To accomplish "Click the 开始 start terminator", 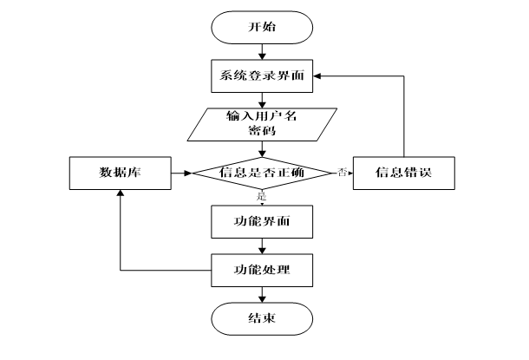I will (262, 28).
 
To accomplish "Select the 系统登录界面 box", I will (262, 76).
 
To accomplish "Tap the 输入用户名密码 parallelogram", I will (262, 124).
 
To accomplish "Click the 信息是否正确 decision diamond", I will (262, 173).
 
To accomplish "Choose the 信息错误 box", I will (403, 173).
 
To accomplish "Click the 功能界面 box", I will (262, 221).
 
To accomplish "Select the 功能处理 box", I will (262, 270).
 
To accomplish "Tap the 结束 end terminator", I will (262, 318).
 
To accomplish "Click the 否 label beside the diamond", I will (342, 171).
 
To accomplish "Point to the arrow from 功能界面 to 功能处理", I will (262, 245).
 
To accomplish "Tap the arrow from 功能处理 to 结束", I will (262, 294).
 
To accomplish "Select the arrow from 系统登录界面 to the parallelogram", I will (262, 100).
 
